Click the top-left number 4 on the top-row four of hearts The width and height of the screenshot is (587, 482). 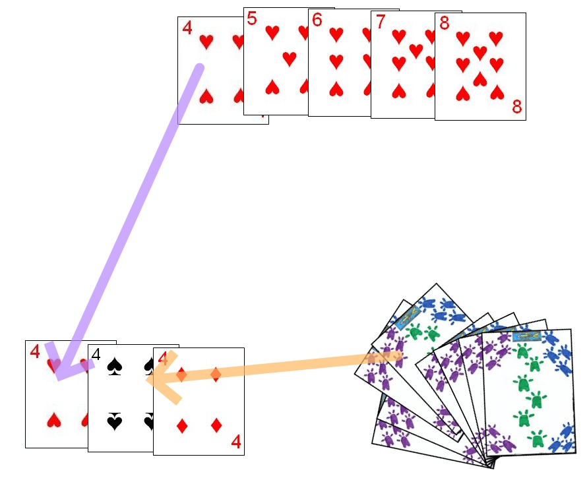click(187, 28)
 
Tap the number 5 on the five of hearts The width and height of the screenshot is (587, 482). click(252, 18)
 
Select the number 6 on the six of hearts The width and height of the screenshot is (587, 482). click(317, 20)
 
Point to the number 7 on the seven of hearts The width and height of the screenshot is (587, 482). click(380, 22)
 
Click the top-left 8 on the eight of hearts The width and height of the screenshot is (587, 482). click(444, 24)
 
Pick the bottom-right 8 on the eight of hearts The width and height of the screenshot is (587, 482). click(516, 107)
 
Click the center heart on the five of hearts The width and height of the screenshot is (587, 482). click(289, 59)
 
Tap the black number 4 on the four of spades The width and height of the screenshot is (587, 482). click(96, 355)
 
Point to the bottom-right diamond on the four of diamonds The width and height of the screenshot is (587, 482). click(216, 425)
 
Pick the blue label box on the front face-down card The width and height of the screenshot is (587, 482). click(526, 337)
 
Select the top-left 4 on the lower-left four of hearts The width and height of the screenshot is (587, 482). click(34, 351)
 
